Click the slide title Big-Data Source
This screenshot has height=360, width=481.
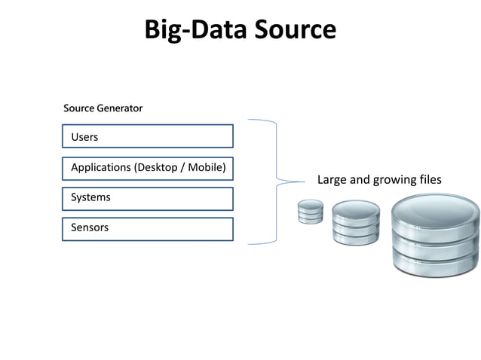click(x=240, y=29)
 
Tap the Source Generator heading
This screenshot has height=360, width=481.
click(x=103, y=108)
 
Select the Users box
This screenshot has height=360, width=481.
click(x=148, y=136)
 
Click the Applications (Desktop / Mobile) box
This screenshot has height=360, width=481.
click(x=148, y=167)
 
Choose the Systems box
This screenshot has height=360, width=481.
click(x=148, y=198)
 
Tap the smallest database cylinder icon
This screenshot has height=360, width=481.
click(x=311, y=212)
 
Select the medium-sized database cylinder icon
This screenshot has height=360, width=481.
click(x=355, y=223)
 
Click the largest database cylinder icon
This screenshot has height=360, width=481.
click(x=435, y=236)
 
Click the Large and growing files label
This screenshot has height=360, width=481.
click(x=378, y=180)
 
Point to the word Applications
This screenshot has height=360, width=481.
click(x=100, y=167)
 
